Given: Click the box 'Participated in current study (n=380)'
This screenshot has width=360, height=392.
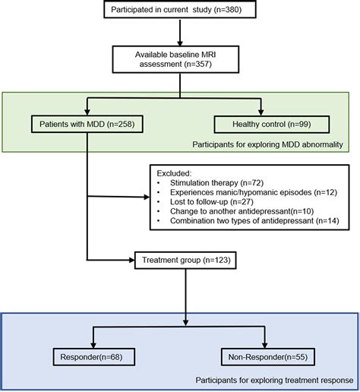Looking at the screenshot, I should [178, 10].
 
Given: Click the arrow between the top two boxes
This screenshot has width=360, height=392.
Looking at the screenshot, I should [178, 31].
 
